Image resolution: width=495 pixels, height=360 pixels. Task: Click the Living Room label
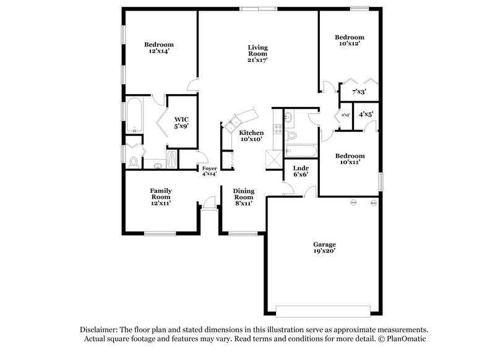pyautogui.click(x=257, y=54)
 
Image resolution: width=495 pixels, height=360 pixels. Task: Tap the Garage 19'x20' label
pyautogui.click(x=324, y=247)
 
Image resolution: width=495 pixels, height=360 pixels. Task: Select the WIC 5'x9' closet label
pyautogui.click(x=181, y=122)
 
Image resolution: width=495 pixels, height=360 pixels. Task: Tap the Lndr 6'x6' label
pyautogui.click(x=301, y=171)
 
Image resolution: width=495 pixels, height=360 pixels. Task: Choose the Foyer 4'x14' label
pyautogui.click(x=209, y=171)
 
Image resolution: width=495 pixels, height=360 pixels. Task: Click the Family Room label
pyautogui.click(x=160, y=196)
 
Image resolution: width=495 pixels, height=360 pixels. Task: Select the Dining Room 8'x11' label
pyautogui.click(x=243, y=196)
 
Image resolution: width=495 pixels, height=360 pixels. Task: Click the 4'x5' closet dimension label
pyautogui.click(x=366, y=114)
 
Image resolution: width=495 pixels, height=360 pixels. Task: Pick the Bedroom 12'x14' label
pyautogui.click(x=159, y=48)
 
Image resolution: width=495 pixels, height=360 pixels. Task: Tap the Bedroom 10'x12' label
pyautogui.click(x=350, y=40)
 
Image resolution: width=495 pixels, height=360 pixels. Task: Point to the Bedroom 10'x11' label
pyautogui.click(x=350, y=159)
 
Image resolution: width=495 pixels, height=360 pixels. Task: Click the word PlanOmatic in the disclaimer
pyautogui.click(x=405, y=339)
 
